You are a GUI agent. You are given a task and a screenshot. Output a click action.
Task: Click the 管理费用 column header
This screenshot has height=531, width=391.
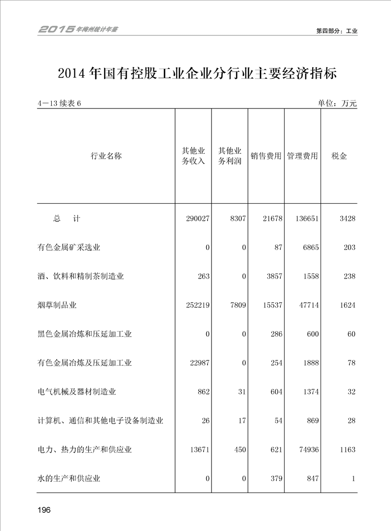302,156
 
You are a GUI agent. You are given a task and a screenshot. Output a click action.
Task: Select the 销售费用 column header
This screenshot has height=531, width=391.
266,156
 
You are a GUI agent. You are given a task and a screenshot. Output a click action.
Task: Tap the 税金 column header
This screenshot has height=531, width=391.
339,156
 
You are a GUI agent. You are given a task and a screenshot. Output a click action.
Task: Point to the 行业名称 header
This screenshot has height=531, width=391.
106,156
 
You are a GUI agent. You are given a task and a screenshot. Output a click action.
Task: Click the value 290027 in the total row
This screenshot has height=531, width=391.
197,218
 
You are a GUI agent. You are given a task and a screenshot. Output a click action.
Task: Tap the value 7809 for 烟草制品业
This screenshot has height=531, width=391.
237,305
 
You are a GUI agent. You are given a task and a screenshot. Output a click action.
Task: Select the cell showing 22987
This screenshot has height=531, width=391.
199,363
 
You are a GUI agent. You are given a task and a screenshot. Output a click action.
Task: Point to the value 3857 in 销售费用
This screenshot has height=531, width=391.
272,277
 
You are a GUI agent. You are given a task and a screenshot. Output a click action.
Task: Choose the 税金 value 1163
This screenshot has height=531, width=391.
346,450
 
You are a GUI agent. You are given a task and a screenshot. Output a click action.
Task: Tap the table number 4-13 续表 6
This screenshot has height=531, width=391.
59,103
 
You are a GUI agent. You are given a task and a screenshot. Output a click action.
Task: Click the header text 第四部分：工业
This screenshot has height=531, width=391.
336,31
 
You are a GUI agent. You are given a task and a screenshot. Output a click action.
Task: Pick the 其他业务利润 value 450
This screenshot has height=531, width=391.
240,450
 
